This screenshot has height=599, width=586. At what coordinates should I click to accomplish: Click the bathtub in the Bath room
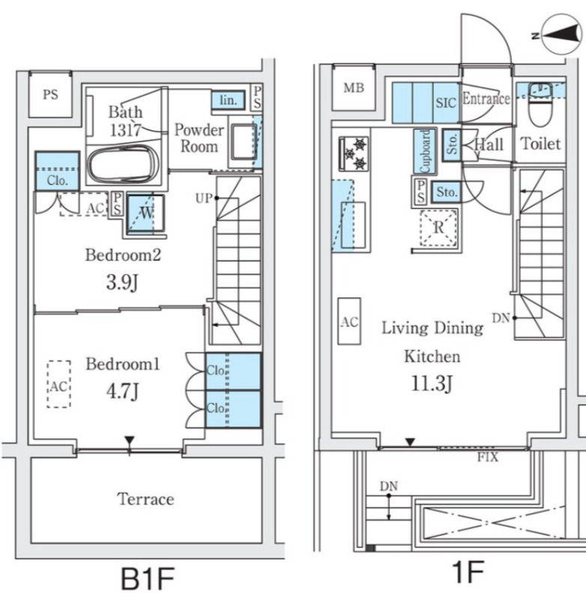tap(123, 165)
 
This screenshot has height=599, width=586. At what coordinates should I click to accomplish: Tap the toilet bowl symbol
tap(540, 105)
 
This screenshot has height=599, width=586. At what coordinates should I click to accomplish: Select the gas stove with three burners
tap(354, 153)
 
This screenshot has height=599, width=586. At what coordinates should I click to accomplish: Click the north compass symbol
tap(561, 34)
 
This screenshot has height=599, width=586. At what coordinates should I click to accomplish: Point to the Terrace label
tap(145, 499)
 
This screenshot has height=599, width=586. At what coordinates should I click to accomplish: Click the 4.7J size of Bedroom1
tap(122, 391)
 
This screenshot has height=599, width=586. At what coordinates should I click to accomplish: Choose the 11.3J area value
tap(432, 383)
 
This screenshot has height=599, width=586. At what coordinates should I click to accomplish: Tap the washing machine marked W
tap(145, 213)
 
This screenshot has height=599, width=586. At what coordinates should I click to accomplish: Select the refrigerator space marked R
tap(438, 228)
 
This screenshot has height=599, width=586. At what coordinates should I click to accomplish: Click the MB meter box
tap(354, 88)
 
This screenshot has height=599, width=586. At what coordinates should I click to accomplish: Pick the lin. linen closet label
tap(229, 100)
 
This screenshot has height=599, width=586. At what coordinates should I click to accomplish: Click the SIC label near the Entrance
tap(446, 103)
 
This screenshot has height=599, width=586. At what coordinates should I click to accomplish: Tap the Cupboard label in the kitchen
tap(425, 151)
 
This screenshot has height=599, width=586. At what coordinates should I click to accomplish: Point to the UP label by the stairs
tap(204, 198)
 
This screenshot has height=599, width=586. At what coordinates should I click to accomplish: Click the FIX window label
tap(487, 457)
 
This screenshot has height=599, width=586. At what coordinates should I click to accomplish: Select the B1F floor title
tap(148, 579)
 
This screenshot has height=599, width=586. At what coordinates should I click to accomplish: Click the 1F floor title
tap(467, 571)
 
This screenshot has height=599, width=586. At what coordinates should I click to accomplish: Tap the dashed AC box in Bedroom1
tap(59, 384)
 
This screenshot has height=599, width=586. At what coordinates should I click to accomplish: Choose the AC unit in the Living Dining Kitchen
tap(349, 321)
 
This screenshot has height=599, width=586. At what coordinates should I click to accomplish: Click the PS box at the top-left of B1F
tap(50, 94)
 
